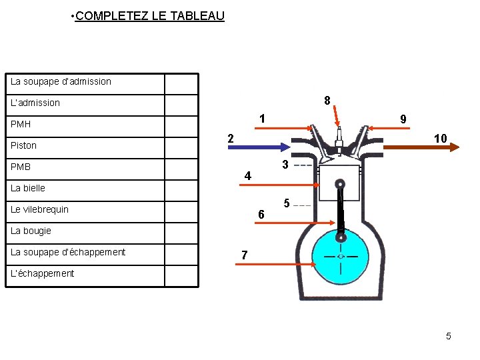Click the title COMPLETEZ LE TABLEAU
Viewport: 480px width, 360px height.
pyautogui.click(x=150, y=15)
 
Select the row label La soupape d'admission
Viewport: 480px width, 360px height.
pyautogui.click(x=61, y=81)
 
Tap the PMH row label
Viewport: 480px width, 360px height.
pyautogui.click(x=21, y=124)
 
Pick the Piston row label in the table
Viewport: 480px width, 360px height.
pyautogui.click(x=24, y=145)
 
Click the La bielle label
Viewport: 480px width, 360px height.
pyautogui.click(x=28, y=188)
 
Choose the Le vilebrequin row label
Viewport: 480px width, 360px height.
pyautogui.click(x=39, y=209)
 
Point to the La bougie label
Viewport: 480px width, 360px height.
pyautogui.click(x=31, y=231)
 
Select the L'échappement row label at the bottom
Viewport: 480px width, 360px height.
pyautogui.click(x=42, y=273)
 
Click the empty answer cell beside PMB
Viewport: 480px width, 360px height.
pyautogui.click(x=181, y=167)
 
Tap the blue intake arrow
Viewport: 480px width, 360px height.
pyautogui.click(x=257, y=146)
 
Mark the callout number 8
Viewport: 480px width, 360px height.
pyautogui.click(x=327, y=101)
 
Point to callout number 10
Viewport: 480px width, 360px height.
pyautogui.click(x=440, y=139)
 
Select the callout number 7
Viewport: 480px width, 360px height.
pyautogui.click(x=245, y=255)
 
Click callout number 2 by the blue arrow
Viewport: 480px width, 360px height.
pyautogui.click(x=230, y=139)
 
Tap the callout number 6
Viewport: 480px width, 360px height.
pyautogui.click(x=261, y=214)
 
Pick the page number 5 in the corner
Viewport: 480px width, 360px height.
pyautogui.click(x=449, y=336)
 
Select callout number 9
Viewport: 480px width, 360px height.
pyautogui.click(x=403, y=119)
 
